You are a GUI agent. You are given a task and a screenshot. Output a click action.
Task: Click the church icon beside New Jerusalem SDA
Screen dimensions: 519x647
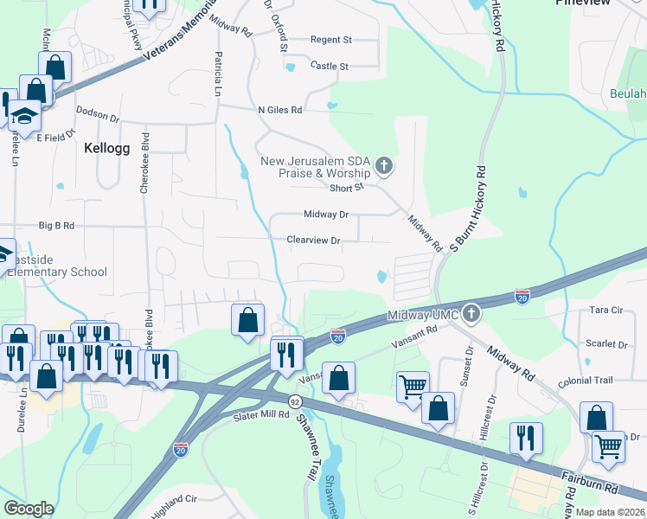tap(384, 164)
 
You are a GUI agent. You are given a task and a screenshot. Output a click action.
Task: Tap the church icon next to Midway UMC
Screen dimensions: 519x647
tap(471, 312)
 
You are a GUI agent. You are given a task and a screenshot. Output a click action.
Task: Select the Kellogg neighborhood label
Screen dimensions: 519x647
tap(107, 148)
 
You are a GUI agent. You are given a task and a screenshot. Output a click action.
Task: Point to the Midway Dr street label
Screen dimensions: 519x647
tap(326, 215)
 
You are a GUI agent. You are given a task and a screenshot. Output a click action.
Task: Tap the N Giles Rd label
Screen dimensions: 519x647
tap(279, 110)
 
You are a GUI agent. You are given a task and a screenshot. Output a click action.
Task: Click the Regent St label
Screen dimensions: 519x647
tap(331, 40)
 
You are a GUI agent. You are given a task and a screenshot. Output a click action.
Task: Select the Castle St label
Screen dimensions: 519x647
tap(329, 66)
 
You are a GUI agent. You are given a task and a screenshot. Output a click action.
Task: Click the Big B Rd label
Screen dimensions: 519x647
tap(57, 226)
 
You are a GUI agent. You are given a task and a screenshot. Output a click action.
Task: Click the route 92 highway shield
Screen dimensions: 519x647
tap(296, 401)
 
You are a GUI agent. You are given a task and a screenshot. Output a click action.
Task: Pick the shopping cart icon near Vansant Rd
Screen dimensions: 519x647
tap(413, 386)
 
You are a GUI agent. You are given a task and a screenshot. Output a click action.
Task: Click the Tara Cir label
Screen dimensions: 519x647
tap(605, 310)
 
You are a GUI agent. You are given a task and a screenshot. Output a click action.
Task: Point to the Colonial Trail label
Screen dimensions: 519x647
tap(587, 380)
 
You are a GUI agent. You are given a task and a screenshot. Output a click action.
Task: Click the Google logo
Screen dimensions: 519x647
tap(29, 509)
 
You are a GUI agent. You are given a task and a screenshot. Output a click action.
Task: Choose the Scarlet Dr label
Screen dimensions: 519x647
tap(605, 343)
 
